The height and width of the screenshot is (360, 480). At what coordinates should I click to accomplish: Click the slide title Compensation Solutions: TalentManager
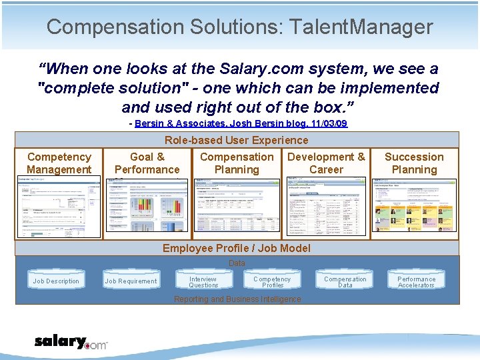coord(240,27)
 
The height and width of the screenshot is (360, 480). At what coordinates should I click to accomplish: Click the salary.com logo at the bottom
coord(71,343)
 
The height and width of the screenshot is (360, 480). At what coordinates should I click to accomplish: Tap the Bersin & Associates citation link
coord(241,124)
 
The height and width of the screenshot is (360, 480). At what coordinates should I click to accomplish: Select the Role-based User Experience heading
coord(237,140)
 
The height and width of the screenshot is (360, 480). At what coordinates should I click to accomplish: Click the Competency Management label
coord(59,163)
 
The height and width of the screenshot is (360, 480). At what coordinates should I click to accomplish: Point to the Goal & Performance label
coord(147,163)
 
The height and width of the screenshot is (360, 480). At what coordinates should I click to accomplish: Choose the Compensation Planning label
coord(237,163)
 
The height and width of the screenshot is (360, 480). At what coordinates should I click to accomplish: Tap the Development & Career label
coord(326,163)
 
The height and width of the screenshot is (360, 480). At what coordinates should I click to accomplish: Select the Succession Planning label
coord(414,163)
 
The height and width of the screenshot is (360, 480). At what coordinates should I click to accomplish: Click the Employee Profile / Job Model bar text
coord(237,248)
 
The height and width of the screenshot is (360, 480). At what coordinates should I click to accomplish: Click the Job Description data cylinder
coord(56,281)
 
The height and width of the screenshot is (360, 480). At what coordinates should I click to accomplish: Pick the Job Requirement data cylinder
coord(131,281)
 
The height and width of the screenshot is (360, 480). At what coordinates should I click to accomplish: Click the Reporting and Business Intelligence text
coord(237,299)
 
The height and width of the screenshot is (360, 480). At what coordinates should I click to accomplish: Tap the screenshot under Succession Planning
coord(414,207)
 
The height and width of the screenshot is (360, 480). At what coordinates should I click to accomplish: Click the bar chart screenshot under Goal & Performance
coord(147,207)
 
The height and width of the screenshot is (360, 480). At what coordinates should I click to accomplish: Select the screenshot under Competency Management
coord(59,207)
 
